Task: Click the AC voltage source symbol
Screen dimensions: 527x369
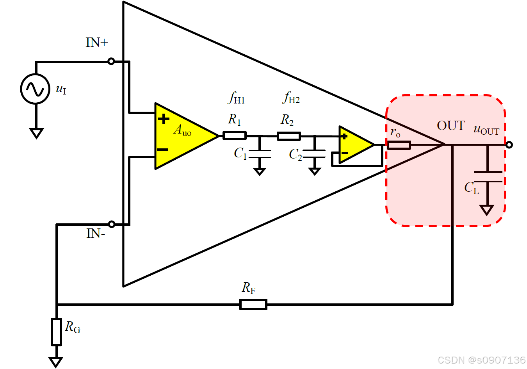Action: click(x=35, y=89)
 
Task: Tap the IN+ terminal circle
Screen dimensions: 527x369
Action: click(x=111, y=61)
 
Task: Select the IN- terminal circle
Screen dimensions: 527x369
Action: click(x=112, y=224)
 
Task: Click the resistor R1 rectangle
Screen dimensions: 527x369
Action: click(x=235, y=135)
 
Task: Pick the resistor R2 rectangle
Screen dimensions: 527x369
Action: click(x=289, y=136)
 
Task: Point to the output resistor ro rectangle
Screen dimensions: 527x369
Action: click(x=399, y=145)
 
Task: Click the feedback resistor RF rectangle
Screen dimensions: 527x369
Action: click(x=253, y=304)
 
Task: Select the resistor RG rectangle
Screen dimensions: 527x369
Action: click(x=57, y=332)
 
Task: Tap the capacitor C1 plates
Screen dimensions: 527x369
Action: click(x=260, y=154)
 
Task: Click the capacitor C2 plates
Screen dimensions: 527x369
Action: click(x=315, y=153)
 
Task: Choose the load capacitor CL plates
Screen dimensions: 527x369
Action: click(x=488, y=177)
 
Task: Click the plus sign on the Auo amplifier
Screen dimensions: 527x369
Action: click(x=164, y=119)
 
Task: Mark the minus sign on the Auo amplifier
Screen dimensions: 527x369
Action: click(x=162, y=150)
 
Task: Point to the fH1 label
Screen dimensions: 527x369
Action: click(x=237, y=98)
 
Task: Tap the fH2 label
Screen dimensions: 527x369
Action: click(x=291, y=98)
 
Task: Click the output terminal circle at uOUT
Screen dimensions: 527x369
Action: click(x=509, y=145)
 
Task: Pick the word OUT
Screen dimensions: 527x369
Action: click(x=451, y=125)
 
